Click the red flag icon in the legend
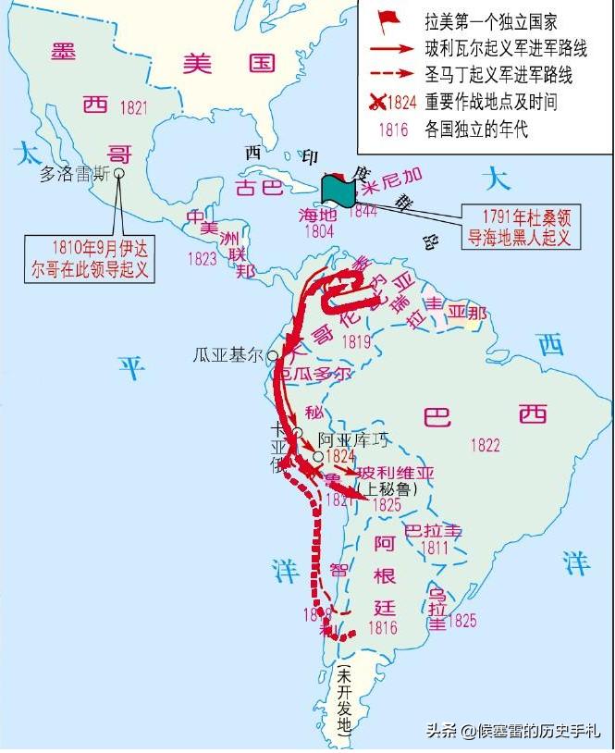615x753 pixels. (387, 19)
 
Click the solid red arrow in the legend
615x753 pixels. (387, 47)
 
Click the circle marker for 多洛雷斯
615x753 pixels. (118, 172)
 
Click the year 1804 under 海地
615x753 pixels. (318, 232)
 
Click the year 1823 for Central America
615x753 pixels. (203, 260)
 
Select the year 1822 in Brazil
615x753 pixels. (485, 445)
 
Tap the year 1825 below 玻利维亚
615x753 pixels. (387, 505)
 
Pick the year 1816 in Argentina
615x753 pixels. (382, 628)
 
